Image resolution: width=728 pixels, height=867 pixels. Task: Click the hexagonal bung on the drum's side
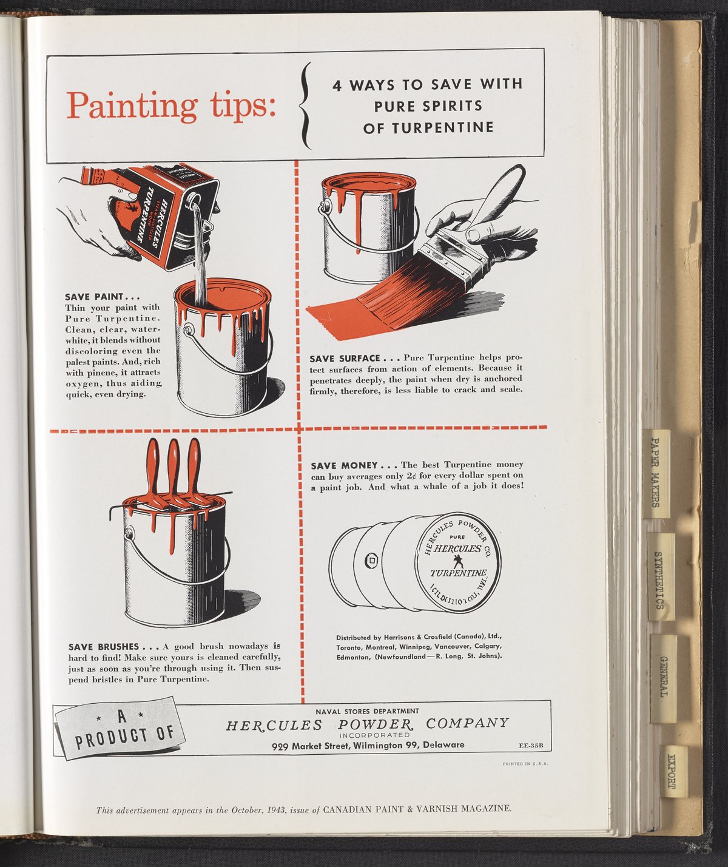pyautogui.click(x=371, y=562)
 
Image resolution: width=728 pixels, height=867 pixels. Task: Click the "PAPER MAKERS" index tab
pyautogui.click(x=656, y=473)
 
